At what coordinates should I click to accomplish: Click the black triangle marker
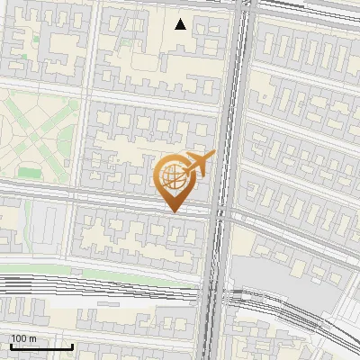[181, 24]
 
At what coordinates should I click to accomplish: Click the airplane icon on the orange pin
[199, 164]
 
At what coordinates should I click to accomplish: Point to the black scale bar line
[41, 347]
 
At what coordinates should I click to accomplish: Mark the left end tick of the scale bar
[11, 346]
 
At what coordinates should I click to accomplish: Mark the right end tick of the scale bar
[72, 346]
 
